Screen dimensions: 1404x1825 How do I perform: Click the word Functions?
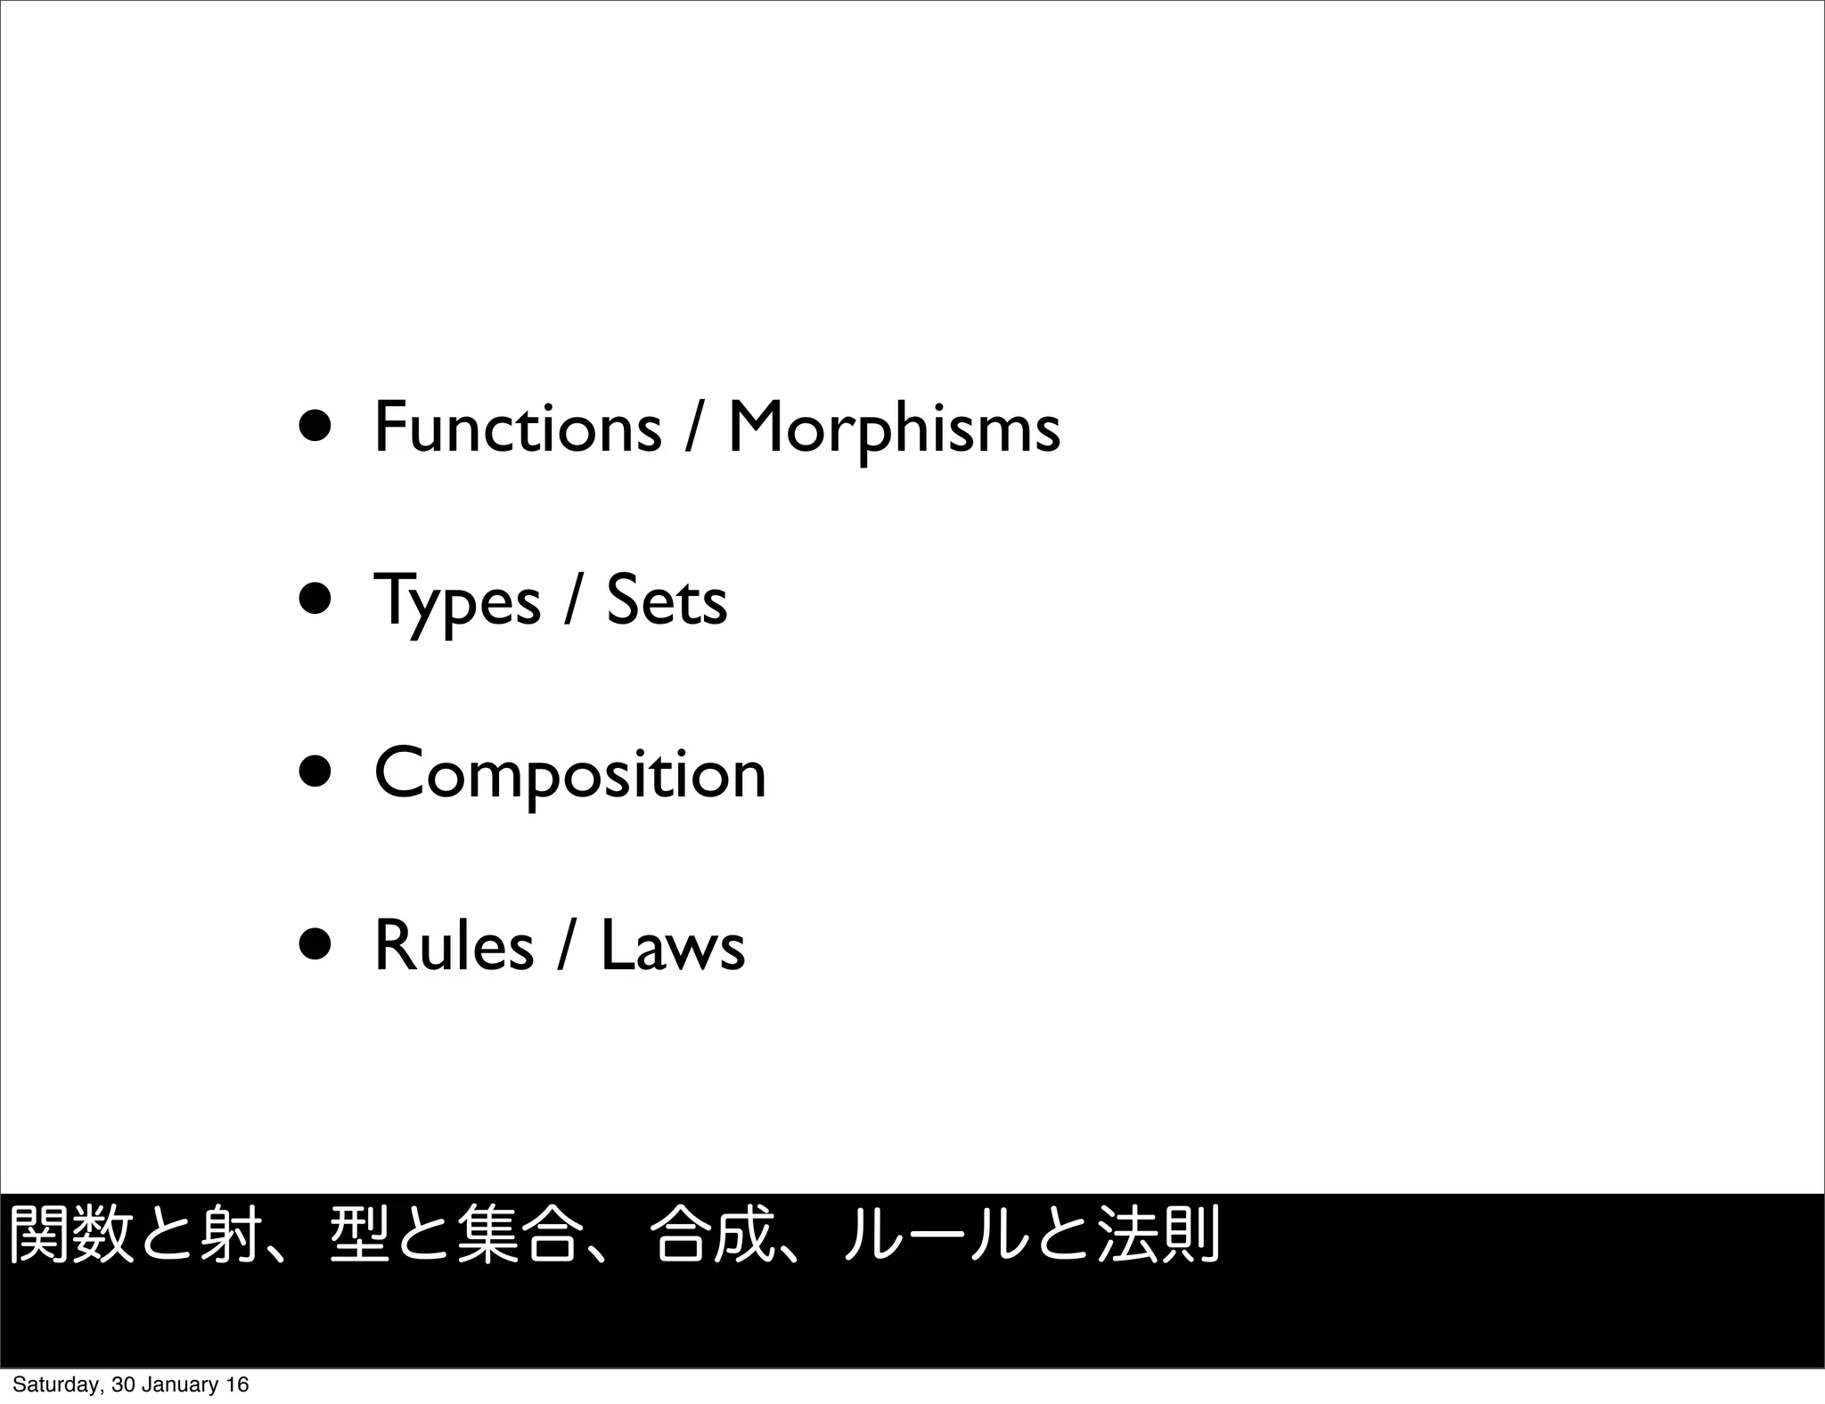tap(518, 428)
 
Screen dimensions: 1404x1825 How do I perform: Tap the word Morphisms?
tap(894, 429)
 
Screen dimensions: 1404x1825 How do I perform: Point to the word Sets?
tap(667, 601)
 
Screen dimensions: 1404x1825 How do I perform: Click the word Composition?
tap(570, 775)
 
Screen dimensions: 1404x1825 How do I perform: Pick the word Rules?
tap(454, 945)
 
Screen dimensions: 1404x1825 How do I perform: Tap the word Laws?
tap(673, 945)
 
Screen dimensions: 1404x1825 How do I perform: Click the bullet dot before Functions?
tap(317, 428)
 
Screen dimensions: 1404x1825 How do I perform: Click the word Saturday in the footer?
tap(58, 1384)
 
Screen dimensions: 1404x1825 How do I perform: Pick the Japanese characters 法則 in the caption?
tap(1158, 1235)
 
